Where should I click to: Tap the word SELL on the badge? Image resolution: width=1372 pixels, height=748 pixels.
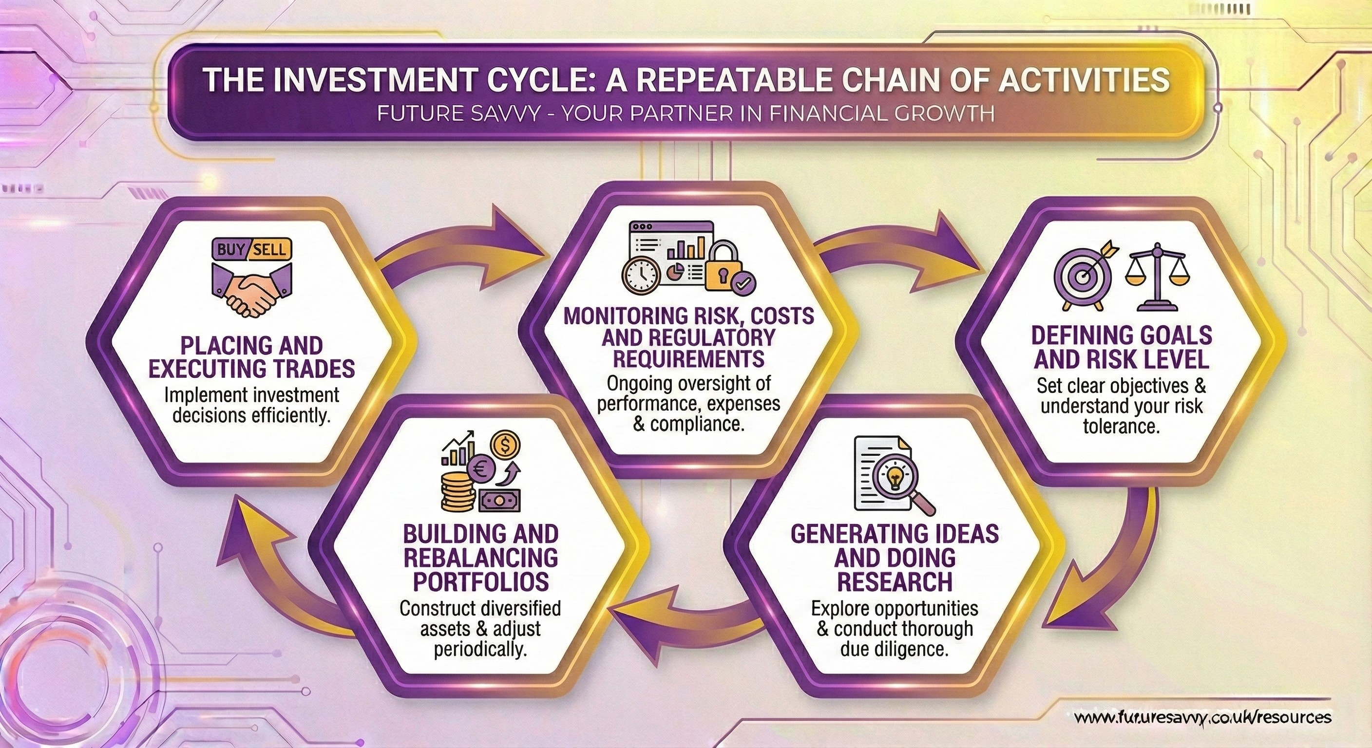270,249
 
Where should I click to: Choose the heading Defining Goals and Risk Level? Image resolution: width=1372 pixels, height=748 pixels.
1122,348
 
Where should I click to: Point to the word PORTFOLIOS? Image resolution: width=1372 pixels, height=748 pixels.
481,582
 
